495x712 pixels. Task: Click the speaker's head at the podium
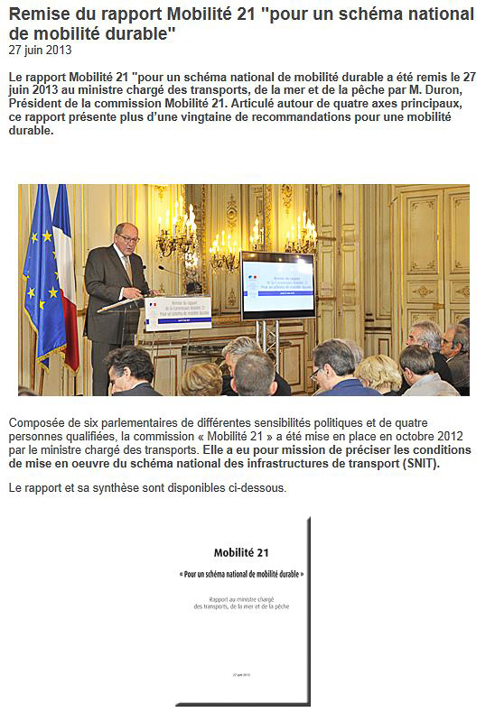[126, 237]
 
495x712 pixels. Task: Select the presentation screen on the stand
[277, 285]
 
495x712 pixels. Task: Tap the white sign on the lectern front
[177, 312]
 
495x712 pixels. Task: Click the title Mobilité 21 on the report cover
[241, 552]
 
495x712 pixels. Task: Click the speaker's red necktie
[128, 266]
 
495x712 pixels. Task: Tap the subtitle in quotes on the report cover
[240, 574]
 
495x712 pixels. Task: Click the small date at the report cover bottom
[240, 674]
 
